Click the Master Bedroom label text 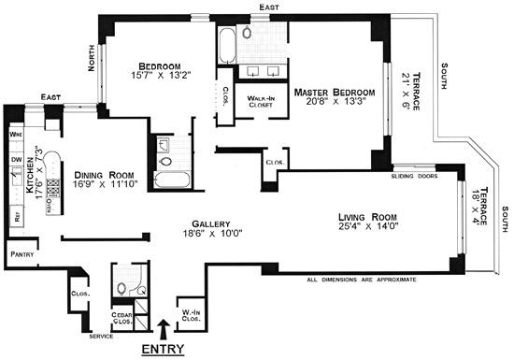[334, 93]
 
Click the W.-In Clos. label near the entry [193, 314]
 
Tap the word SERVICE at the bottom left [101, 336]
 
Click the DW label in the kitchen [16, 159]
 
